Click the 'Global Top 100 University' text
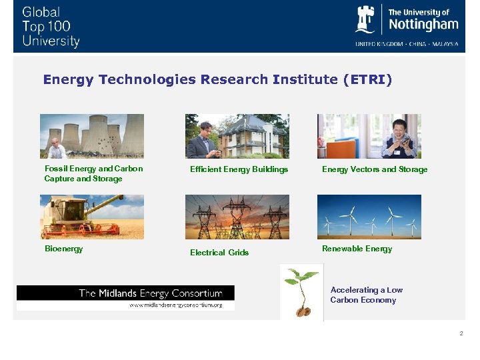tap(50, 27)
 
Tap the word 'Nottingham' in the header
tap(423, 25)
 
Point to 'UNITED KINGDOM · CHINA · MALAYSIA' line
tap(407, 44)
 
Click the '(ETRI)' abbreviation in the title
tap(367, 80)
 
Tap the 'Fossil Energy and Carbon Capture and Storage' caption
tap(93, 174)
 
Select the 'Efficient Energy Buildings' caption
tap(239, 169)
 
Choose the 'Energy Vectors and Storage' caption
tap(375, 169)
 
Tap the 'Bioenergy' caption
tap(64, 249)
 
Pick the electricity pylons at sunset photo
tap(237, 217)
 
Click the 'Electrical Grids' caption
tap(219, 253)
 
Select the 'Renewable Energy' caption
tap(357, 249)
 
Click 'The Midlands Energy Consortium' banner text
tap(150, 293)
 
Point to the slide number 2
tap(460, 333)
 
